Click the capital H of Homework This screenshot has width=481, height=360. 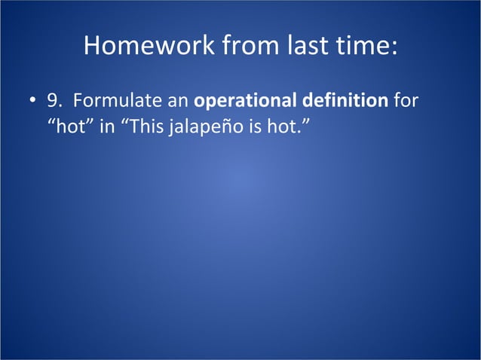tap(93, 47)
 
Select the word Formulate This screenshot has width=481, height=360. tap(112, 101)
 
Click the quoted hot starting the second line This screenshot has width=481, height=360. tap(72, 124)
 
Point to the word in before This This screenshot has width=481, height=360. tap(106, 124)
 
